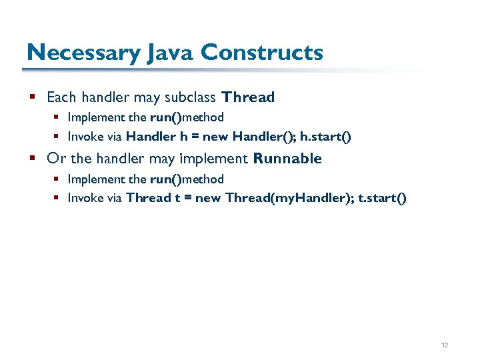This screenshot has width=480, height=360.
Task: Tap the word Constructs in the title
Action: pos(262,52)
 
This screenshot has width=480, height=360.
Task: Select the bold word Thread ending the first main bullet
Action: pos(249,97)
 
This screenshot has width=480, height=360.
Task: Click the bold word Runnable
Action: pos(287,159)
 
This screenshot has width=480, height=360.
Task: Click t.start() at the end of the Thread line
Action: pos(382,198)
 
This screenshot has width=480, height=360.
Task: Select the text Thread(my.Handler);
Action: pos(289,198)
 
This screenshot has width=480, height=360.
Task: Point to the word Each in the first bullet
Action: pos(61,97)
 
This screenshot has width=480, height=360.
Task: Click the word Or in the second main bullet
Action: pos(57,159)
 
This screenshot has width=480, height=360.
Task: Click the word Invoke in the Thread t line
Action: pos(85,198)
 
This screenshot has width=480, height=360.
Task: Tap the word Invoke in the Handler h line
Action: pos(85,137)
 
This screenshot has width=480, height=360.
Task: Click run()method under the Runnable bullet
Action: pos(187,179)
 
